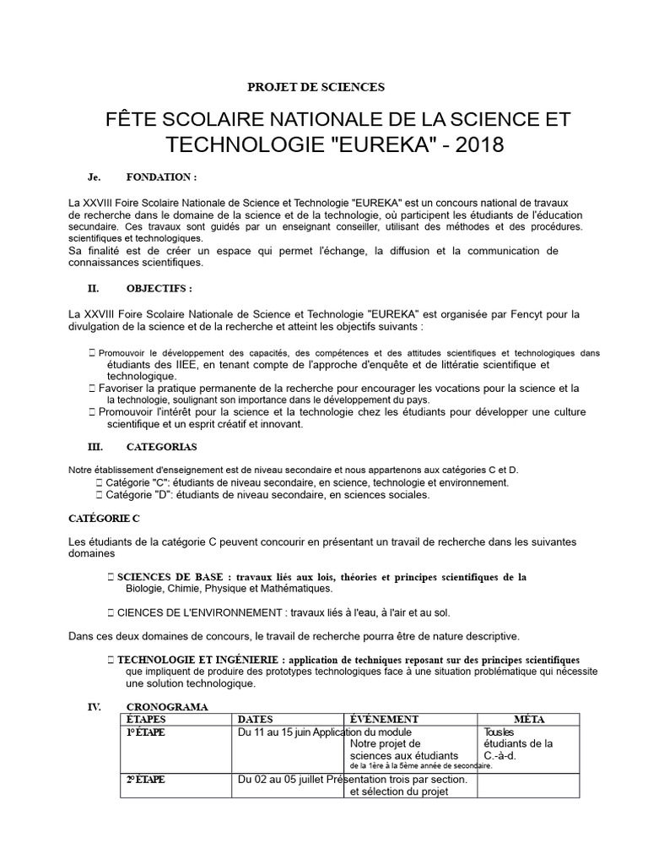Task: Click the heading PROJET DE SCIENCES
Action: (315, 86)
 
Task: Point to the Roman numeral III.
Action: (95, 446)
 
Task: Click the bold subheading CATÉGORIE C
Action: (103, 516)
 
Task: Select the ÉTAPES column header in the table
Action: (145, 719)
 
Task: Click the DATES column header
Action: (256, 719)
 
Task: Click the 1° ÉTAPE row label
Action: (145, 732)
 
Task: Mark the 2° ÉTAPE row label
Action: (145, 780)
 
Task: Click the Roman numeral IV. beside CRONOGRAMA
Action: (94, 707)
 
